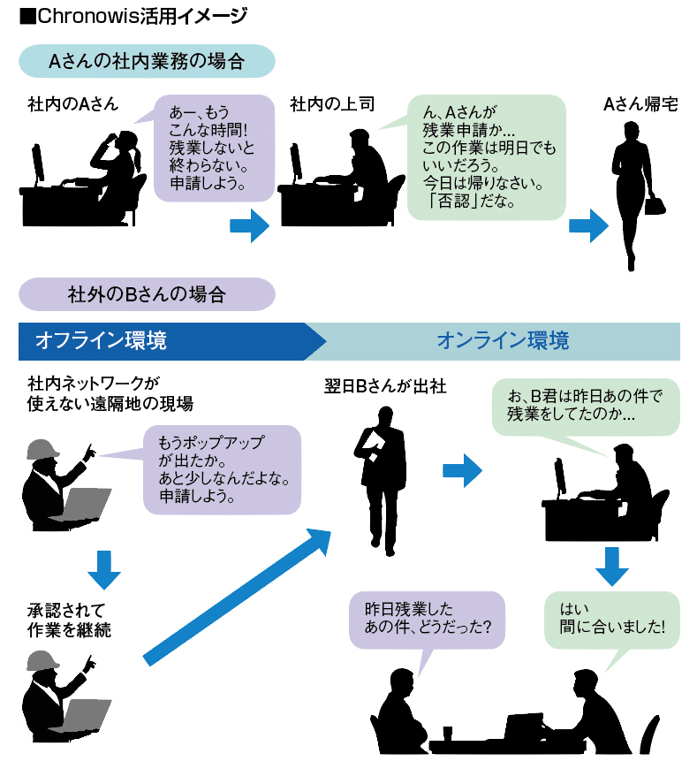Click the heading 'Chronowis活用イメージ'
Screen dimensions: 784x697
pyautogui.click(x=133, y=16)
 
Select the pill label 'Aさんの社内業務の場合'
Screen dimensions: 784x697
pyautogui.click(x=147, y=61)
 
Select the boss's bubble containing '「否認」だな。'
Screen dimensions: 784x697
pyautogui.click(x=485, y=157)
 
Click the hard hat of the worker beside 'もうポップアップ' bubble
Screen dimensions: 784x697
pyautogui.click(x=42, y=449)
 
